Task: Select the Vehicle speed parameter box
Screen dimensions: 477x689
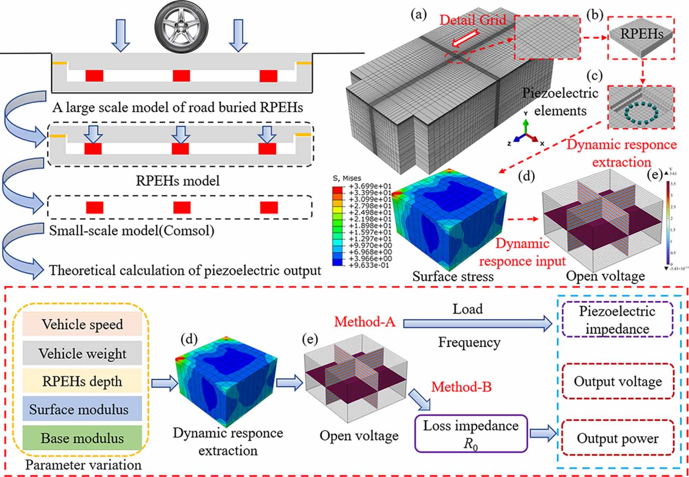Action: pyautogui.click(x=82, y=324)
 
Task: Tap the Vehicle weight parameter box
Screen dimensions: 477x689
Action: pyautogui.click(x=82, y=353)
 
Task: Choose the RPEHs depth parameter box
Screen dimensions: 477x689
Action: pyautogui.click(x=82, y=381)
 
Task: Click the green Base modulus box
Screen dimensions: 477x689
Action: pyautogui.click(x=82, y=438)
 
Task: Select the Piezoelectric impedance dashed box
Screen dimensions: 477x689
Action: pyautogui.click(x=617, y=319)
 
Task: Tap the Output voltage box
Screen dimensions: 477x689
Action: pyautogui.click(x=618, y=381)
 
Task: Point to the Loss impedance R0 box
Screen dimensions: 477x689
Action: pyautogui.click(x=471, y=433)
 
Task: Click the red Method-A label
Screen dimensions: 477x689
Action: pyautogui.click(x=364, y=322)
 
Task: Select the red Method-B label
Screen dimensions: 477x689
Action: pyautogui.click(x=461, y=387)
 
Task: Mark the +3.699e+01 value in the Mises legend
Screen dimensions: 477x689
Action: pyautogui.click(x=370, y=186)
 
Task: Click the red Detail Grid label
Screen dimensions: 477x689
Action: pyautogui.click(x=472, y=20)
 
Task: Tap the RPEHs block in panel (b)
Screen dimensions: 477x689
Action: pyautogui.click(x=641, y=38)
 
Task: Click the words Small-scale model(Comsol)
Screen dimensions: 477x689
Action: pyautogui.click(x=131, y=230)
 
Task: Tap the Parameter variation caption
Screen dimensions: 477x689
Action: pyautogui.click(x=83, y=465)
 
